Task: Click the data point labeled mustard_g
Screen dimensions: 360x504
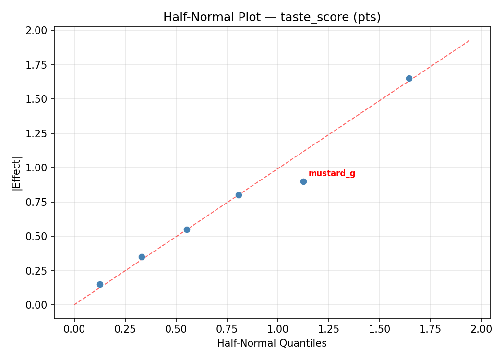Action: [303, 181]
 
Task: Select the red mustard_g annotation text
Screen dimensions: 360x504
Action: [332, 173]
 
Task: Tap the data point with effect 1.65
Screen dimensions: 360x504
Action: [409, 78]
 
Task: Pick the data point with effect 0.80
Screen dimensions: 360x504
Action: [239, 195]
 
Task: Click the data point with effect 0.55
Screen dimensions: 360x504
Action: [187, 229]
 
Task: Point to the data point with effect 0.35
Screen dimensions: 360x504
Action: [142, 257]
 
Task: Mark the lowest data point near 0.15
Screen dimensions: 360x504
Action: [100, 284]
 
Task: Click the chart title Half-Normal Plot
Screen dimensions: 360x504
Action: [272, 17]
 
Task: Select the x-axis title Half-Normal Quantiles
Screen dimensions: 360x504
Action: [272, 343]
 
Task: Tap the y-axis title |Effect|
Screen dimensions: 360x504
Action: [17, 173]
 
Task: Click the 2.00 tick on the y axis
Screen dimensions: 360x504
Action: [37, 31]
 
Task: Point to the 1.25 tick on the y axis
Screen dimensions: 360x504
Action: [37, 133]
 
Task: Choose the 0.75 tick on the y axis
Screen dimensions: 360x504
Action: [37, 202]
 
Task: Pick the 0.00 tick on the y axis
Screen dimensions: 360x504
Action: [37, 305]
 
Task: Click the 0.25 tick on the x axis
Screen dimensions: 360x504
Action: [125, 329]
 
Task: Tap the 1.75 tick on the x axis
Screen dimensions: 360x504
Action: [430, 329]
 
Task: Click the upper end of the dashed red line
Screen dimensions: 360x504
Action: [469, 40]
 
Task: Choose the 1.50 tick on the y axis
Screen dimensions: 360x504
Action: [37, 99]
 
